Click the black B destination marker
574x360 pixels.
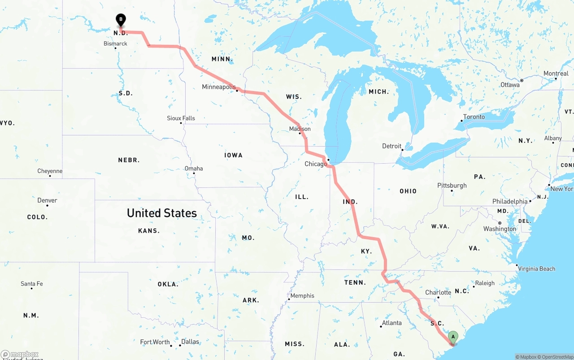(x=121, y=20)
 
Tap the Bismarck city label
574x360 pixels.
(x=115, y=43)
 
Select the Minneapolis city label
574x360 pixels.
(x=218, y=87)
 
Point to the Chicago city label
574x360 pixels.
(x=316, y=164)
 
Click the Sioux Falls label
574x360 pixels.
(x=181, y=118)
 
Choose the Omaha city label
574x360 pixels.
(x=194, y=169)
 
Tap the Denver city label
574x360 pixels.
(x=47, y=200)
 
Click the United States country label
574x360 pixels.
(x=162, y=213)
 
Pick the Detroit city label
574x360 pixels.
(x=391, y=146)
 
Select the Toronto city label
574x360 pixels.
(x=474, y=117)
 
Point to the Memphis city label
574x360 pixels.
(x=302, y=296)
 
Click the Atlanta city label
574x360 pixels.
(x=391, y=323)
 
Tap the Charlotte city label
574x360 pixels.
(x=438, y=293)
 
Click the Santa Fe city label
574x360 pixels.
(x=31, y=284)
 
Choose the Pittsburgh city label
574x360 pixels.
(x=452, y=186)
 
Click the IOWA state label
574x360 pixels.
(x=233, y=155)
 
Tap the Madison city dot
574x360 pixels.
(x=300, y=133)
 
